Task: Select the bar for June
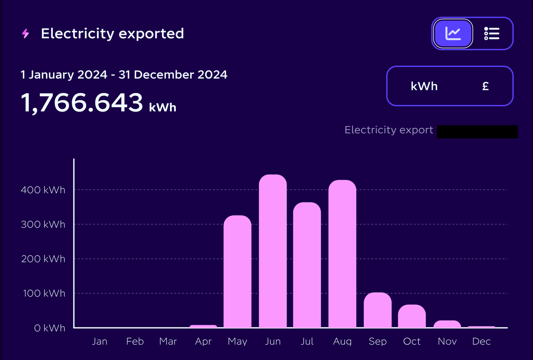(272, 252)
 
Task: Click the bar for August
(342, 254)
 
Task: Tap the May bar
(237, 272)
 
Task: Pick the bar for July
(307, 265)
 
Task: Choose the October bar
(412, 316)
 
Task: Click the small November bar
(447, 324)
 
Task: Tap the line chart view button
(453, 34)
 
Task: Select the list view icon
(491, 34)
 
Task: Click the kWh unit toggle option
(424, 86)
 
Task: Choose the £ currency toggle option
(485, 86)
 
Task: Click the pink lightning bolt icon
(25, 33)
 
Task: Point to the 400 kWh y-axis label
(43, 190)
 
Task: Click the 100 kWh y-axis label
(44, 293)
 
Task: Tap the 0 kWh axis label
(49, 328)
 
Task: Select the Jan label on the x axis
(100, 341)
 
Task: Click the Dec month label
(481, 341)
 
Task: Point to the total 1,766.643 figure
(82, 103)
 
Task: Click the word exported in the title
(151, 34)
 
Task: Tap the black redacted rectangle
(477, 132)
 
